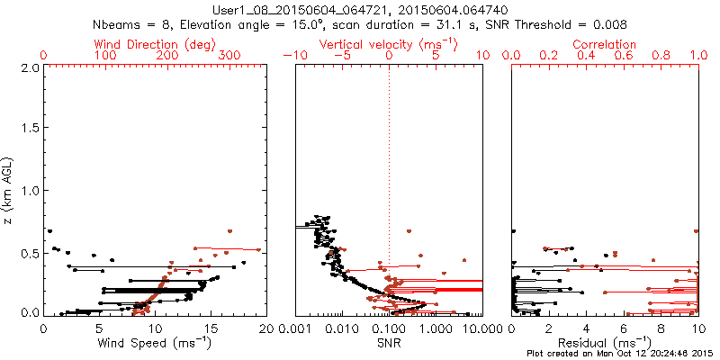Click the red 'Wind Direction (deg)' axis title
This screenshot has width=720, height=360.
point(154,44)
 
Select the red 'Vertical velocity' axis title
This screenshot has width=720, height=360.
point(388,44)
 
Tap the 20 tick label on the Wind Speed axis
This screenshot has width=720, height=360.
point(265,328)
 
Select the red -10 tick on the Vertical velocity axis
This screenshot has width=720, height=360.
point(293,56)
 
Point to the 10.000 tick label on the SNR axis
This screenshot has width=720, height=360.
point(482,328)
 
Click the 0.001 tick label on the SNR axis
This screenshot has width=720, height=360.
point(295,328)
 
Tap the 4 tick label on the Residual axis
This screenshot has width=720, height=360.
point(586,328)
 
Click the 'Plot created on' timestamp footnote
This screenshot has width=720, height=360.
point(620,354)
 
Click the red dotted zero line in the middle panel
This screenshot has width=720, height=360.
point(389,180)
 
